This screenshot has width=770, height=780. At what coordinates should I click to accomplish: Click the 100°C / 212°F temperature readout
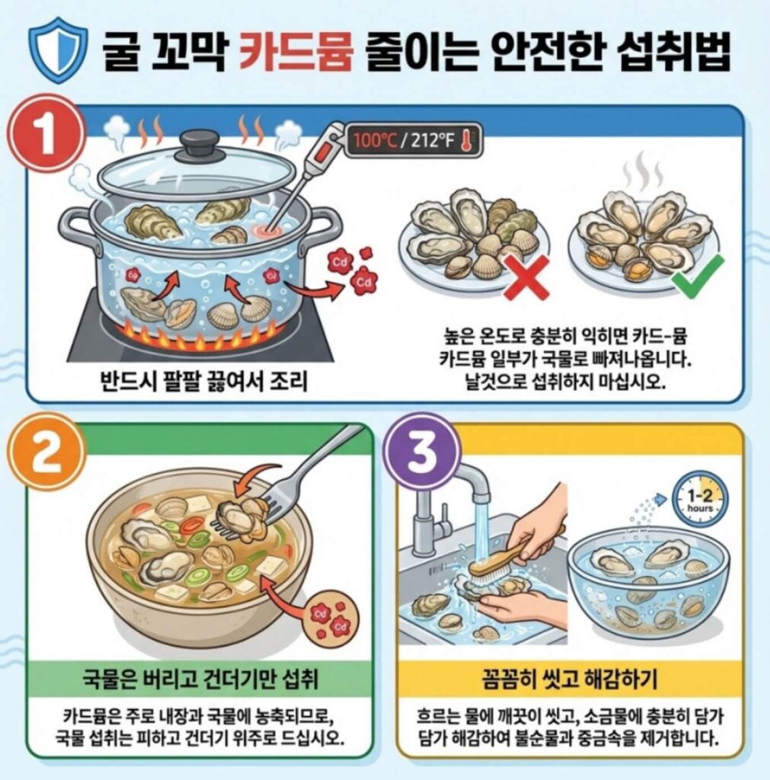412,141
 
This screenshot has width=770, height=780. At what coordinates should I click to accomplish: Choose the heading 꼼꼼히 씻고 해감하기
570,677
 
